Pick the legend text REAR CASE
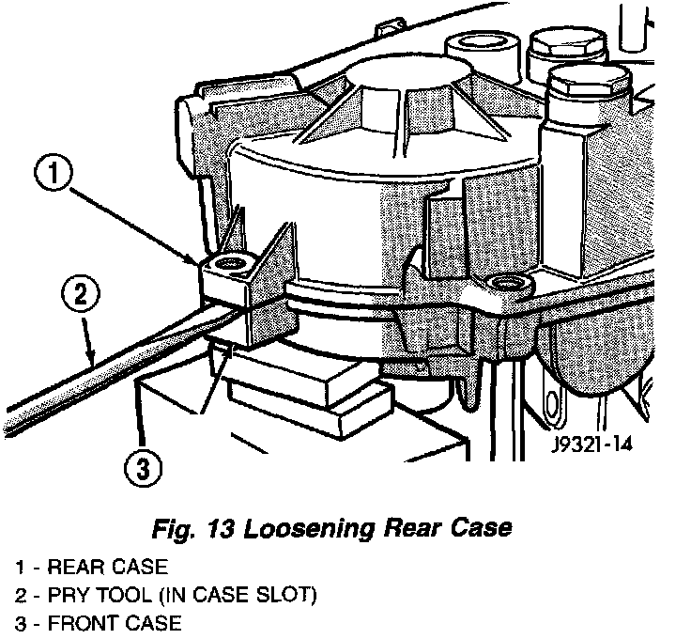click(x=107, y=567)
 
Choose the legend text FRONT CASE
click(x=115, y=622)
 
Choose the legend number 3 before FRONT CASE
click(x=19, y=622)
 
